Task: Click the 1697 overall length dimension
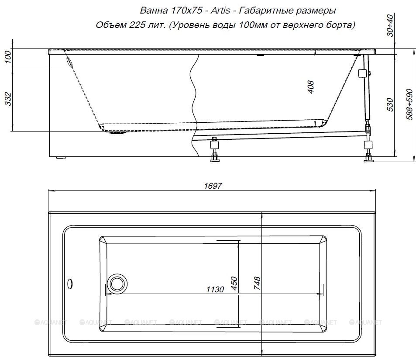(213, 186)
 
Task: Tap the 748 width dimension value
(257, 283)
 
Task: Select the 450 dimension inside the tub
(234, 283)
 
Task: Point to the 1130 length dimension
(215, 289)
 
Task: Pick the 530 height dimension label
(390, 104)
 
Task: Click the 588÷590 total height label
(409, 104)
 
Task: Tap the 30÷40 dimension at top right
(390, 25)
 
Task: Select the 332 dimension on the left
(8, 99)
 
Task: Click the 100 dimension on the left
(8, 57)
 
